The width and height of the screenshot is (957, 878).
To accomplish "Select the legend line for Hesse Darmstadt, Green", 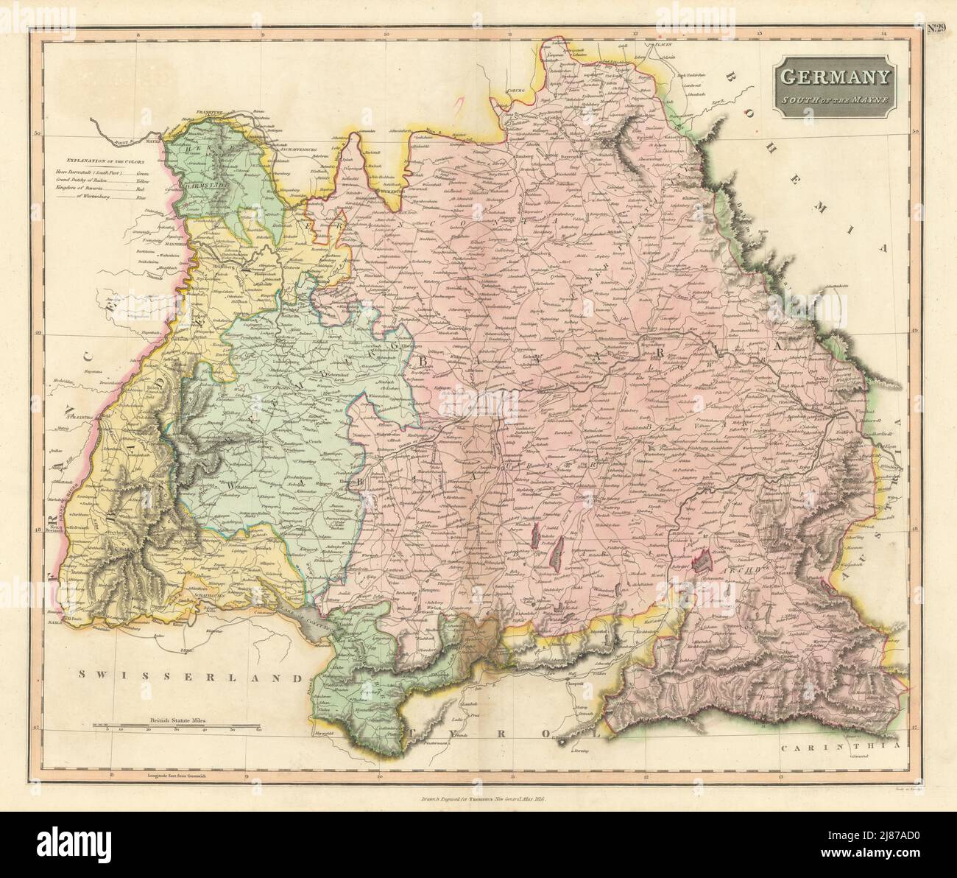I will (102, 171).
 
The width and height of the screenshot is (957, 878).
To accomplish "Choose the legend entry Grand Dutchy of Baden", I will (102, 180).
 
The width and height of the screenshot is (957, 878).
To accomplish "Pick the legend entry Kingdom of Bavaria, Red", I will (102, 189).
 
